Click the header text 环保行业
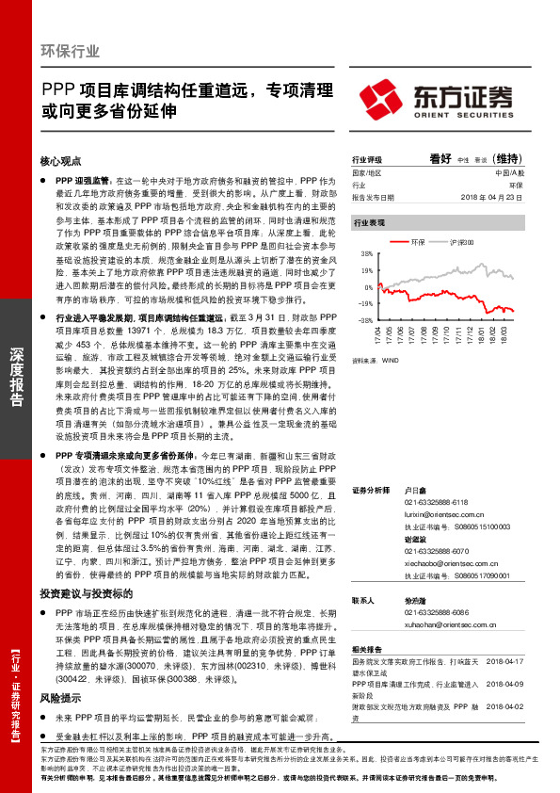(x=72, y=50)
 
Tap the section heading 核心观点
(x=61, y=161)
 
